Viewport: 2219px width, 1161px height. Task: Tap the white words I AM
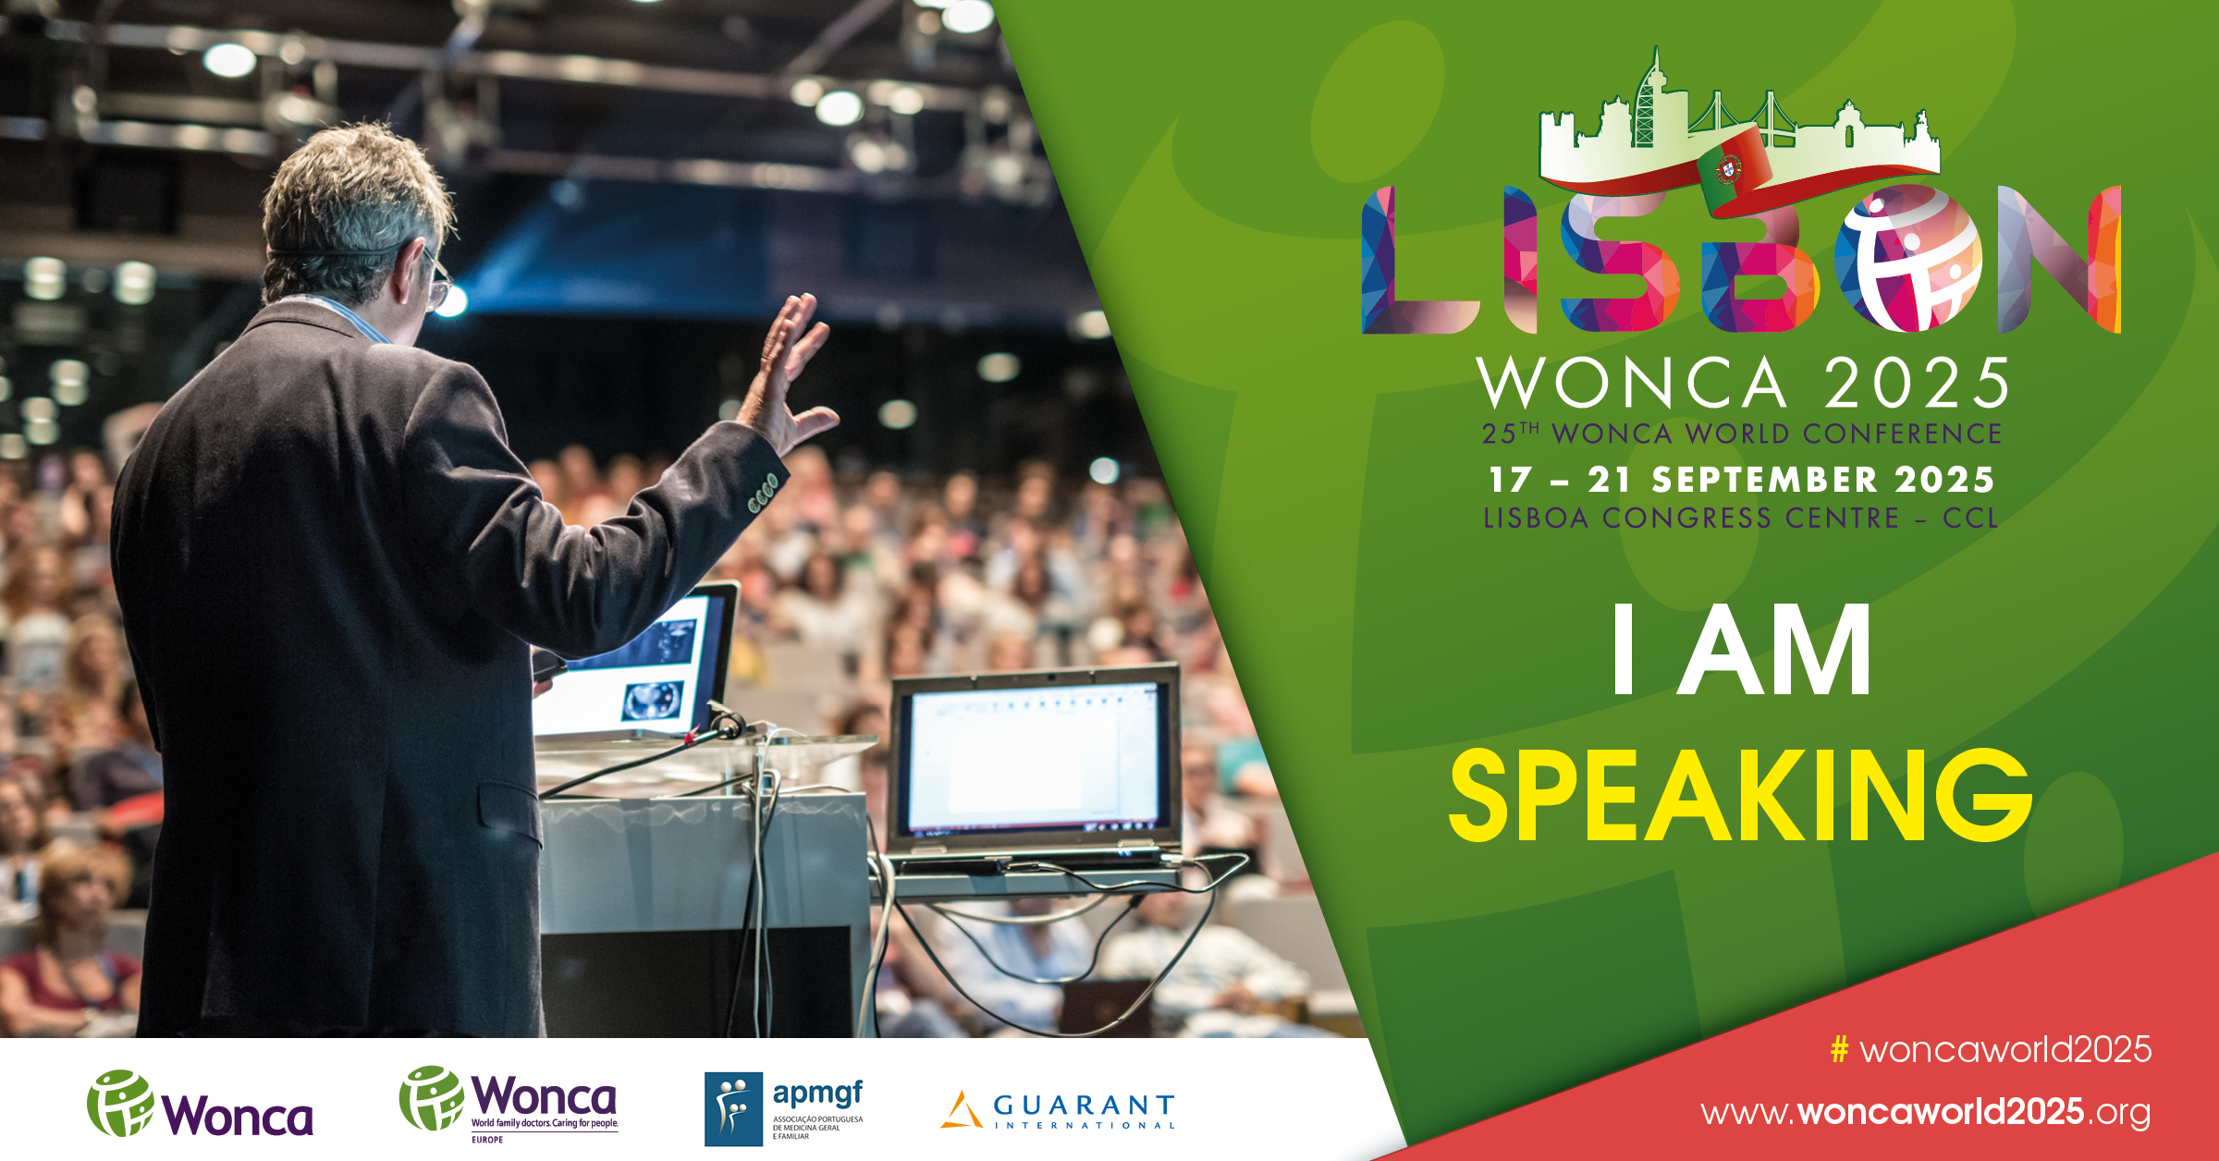1742,649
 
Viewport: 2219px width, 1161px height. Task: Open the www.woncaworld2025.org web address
1926,1112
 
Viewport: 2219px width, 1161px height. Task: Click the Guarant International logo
1058,1110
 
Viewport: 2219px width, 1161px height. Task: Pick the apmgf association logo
784,1108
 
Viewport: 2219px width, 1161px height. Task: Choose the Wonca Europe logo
509,1105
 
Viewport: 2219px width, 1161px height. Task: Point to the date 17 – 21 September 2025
1741,480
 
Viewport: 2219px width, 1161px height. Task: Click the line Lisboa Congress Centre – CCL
1741,518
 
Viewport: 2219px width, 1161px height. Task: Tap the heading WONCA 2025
1743,383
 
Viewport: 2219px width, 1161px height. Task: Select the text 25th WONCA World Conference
1742,434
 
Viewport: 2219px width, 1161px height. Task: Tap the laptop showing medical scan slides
638,660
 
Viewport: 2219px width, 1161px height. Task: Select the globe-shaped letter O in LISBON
1908,258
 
